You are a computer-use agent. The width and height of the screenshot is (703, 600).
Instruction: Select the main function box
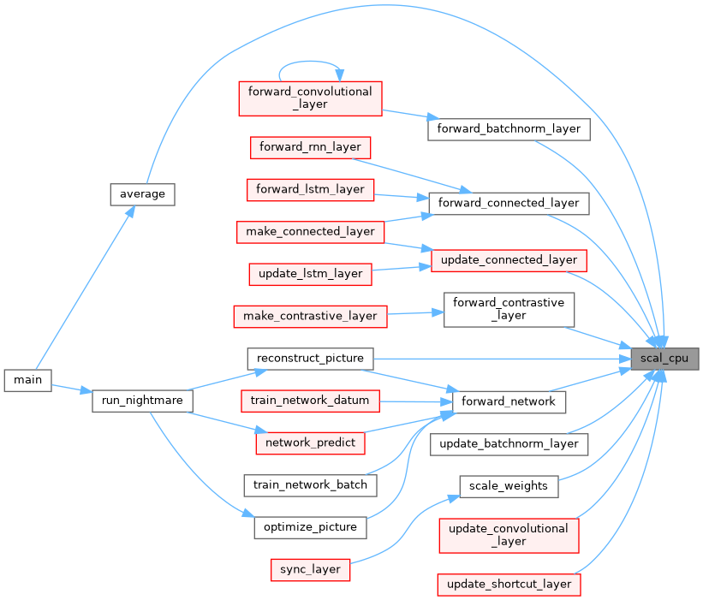(27, 379)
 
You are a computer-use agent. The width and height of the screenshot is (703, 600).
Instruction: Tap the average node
(142, 193)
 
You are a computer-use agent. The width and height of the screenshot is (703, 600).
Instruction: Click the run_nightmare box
(142, 400)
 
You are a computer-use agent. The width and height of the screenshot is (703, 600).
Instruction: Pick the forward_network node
(509, 401)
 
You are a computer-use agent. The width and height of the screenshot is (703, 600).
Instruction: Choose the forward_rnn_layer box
(310, 146)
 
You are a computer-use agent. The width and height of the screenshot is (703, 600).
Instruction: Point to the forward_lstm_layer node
(311, 189)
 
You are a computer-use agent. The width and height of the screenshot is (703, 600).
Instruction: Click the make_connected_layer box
(310, 231)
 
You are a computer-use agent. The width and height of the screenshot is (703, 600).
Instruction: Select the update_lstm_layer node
(310, 274)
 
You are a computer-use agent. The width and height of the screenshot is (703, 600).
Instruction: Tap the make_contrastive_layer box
(310, 316)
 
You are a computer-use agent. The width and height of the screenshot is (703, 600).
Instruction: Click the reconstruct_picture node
(310, 358)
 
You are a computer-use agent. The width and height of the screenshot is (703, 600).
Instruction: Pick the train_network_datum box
(310, 400)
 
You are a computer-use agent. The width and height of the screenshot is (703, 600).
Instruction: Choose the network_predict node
(310, 443)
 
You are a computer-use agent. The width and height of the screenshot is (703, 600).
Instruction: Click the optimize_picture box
(310, 527)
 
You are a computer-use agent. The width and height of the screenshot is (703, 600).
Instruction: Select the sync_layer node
(310, 569)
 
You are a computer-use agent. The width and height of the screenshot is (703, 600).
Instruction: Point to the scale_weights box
(509, 485)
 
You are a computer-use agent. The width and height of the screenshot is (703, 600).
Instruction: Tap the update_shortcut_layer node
(509, 585)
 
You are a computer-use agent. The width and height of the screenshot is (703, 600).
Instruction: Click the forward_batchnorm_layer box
(509, 129)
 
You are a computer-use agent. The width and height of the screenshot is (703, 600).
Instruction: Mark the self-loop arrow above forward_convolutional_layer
(310, 62)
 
